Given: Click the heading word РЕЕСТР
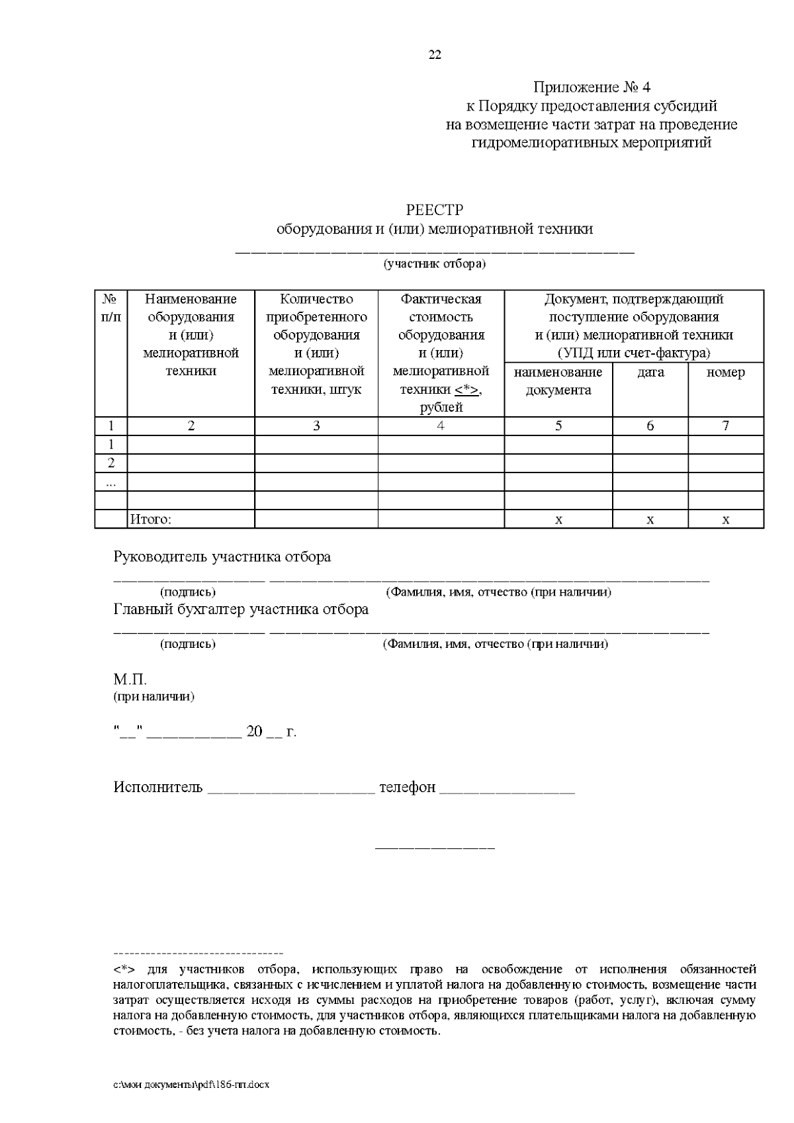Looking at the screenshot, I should [x=435, y=210].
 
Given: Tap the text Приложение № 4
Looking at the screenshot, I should [x=592, y=87].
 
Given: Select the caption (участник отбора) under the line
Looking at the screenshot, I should [x=435, y=264].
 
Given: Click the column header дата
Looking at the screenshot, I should [x=650, y=373].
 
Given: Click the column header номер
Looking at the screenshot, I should [x=726, y=373].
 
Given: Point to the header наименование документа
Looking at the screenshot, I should [x=558, y=381].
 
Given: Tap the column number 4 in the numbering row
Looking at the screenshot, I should [x=441, y=426].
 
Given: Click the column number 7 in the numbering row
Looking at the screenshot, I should [x=726, y=426].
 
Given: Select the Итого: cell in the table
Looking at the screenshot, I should [x=150, y=519].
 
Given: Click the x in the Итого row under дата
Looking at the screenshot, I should [x=650, y=520].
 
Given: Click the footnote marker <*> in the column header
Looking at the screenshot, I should [x=467, y=390].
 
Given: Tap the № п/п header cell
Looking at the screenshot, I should [x=111, y=308].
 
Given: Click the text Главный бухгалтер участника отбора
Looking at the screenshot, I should [x=241, y=609].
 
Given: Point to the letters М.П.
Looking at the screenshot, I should [x=130, y=680].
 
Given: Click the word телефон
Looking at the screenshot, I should [x=407, y=787].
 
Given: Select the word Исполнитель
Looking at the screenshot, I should [x=158, y=787].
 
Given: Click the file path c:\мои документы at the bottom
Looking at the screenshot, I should [x=191, y=1086].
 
